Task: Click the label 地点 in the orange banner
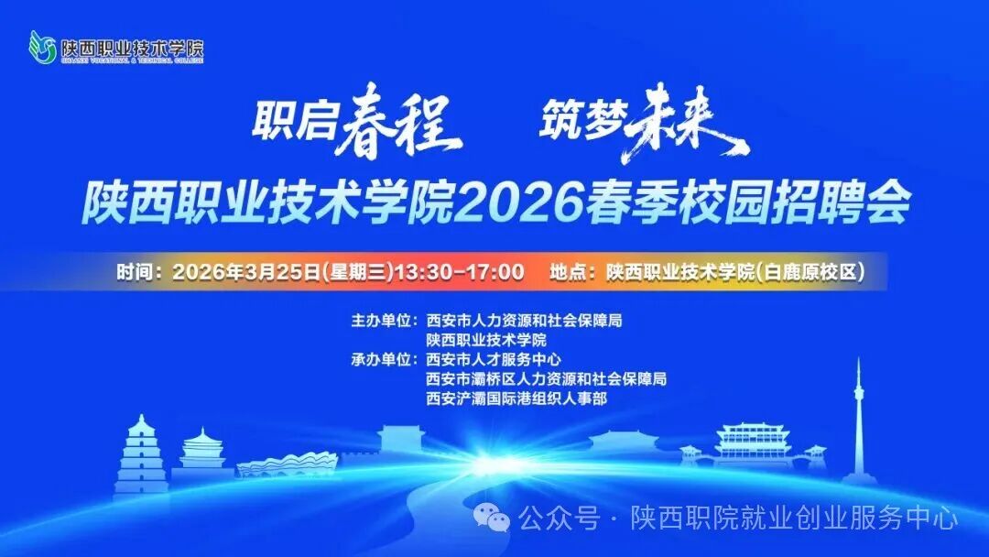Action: click(569, 272)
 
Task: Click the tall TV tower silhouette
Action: click(858, 421)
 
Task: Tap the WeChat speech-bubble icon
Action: click(498, 519)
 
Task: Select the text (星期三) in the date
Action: click(358, 272)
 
